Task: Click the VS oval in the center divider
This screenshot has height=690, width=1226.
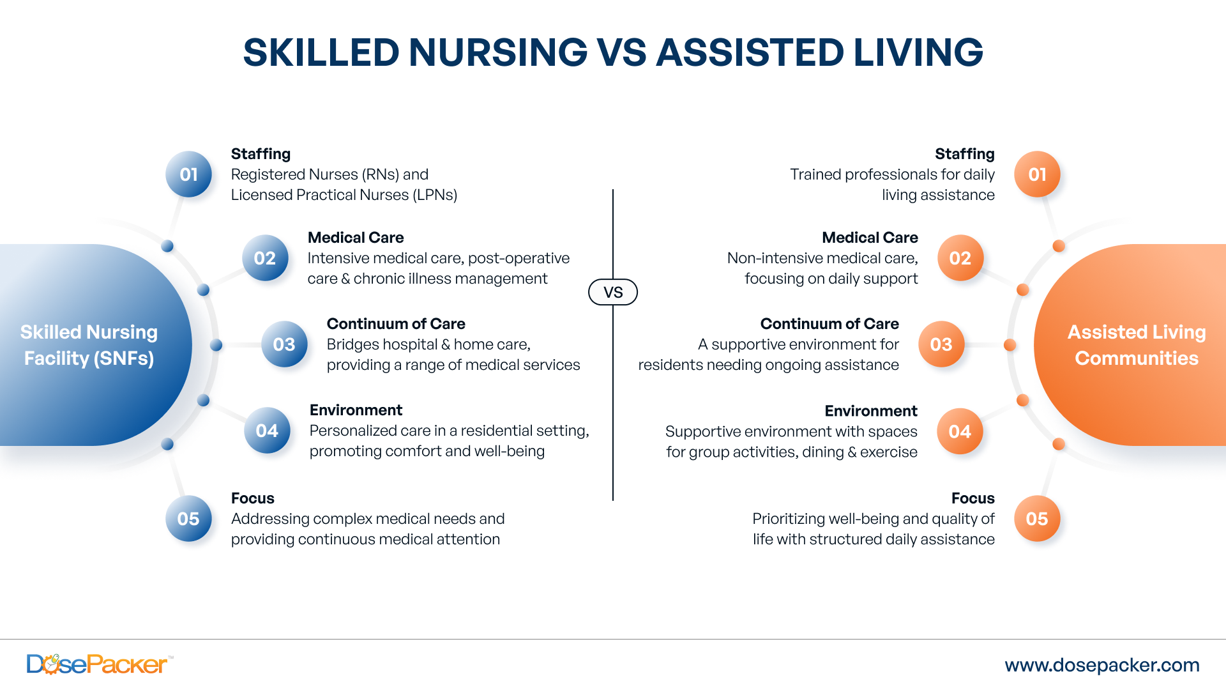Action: [612, 292]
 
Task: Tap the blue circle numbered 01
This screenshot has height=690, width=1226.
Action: [188, 174]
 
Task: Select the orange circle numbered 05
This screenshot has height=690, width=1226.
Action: [1037, 519]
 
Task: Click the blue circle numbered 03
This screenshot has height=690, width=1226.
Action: [284, 344]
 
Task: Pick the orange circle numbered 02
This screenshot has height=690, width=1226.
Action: [960, 258]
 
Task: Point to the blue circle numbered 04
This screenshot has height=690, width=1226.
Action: [267, 431]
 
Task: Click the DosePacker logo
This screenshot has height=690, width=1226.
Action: [97, 664]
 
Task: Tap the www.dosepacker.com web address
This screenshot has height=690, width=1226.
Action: [1102, 665]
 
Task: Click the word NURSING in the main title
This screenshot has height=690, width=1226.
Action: [497, 52]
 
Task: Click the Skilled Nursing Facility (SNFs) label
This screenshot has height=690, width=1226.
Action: [89, 345]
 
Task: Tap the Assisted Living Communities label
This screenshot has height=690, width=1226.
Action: [1137, 345]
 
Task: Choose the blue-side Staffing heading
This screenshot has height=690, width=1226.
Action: [261, 154]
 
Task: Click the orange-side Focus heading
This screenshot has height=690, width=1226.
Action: [972, 498]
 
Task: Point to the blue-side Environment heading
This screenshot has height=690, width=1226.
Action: [356, 410]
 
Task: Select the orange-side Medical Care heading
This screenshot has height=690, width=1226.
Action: [870, 238]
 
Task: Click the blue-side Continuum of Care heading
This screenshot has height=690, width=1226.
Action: [396, 324]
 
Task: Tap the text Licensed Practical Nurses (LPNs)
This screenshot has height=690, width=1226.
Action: [344, 195]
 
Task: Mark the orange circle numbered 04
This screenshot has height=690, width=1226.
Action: [960, 431]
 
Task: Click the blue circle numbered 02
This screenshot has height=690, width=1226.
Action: [265, 258]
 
